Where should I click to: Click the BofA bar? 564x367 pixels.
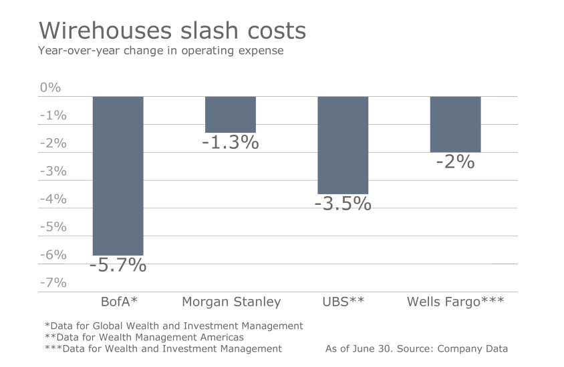tap(118, 175)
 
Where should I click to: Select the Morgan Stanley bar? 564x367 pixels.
tap(231, 115)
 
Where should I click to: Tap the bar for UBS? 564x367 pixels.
tap(343, 145)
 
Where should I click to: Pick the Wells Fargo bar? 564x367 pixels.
tap(455, 124)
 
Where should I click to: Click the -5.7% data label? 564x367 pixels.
tap(118, 265)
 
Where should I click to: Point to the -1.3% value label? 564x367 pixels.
tap(231, 142)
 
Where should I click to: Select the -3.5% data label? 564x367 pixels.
tap(343, 204)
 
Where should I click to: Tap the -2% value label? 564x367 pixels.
tap(455, 161)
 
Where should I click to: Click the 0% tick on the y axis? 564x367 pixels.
tap(50, 87)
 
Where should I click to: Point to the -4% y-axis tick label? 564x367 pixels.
tap(53, 199)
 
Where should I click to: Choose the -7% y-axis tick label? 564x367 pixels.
tap(53, 282)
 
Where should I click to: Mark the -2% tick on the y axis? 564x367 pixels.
tap(53, 143)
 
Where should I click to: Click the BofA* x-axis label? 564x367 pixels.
tap(118, 302)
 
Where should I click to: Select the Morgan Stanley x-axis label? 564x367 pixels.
tap(231, 302)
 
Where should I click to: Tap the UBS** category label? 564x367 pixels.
tap(343, 302)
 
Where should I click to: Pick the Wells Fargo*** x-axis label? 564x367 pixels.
tap(455, 302)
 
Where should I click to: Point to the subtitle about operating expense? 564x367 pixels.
tap(161, 51)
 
